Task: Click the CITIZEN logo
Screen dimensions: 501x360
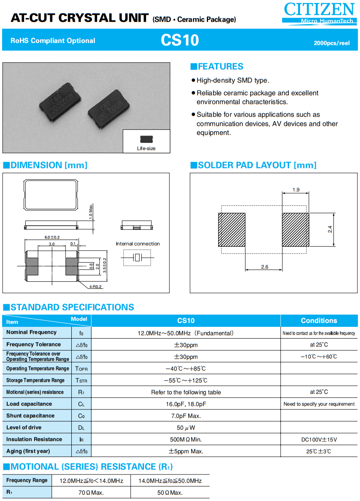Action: tap(319, 13)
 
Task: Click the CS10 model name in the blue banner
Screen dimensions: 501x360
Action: tap(180, 40)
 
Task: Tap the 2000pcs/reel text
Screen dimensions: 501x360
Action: tap(331, 43)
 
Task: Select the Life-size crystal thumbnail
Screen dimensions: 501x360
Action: tap(146, 139)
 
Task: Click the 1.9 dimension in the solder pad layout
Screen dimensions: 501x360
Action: tap(295, 190)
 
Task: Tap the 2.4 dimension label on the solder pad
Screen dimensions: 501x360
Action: tap(330, 229)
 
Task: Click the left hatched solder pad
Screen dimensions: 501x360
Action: tap(231, 229)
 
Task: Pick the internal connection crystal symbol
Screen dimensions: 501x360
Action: tap(136, 257)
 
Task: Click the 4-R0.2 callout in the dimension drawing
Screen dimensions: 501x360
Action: tap(95, 287)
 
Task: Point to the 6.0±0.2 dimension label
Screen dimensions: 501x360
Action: tap(52, 237)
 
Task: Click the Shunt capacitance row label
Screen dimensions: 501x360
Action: tap(30, 416)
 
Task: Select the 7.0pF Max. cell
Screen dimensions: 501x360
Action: tap(186, 416)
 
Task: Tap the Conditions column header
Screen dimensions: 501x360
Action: tap(319, 321)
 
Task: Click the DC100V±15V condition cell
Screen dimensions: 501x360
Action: tap(319, 439)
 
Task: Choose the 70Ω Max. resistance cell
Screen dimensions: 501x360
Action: tap(91, 493)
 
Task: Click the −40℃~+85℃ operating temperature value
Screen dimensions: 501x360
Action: tap(186, 369)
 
